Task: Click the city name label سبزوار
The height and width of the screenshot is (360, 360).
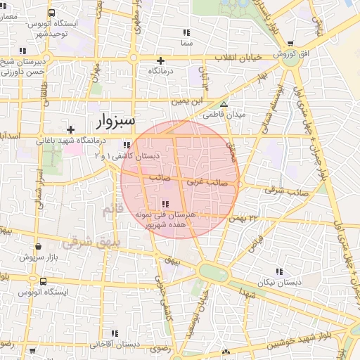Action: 115,120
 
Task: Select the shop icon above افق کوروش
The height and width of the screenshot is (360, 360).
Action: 289,44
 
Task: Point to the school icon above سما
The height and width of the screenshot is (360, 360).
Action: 186,32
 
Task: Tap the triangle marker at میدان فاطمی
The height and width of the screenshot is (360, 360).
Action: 224,104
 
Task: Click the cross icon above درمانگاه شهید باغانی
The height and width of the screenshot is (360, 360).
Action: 70,129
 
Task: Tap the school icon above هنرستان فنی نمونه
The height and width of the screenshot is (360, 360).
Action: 164,205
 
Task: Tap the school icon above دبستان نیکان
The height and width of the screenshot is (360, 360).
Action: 279,271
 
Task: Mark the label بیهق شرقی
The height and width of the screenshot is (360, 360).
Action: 86,242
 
